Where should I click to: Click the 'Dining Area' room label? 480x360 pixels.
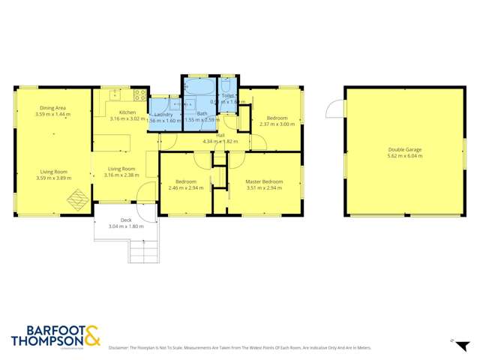tap(53, 108)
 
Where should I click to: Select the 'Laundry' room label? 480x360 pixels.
tap(163, 114)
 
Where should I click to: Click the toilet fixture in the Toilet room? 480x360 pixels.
tap(229, 84)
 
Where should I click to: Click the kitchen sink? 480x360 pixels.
tap(115, 94)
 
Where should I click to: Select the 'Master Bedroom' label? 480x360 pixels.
tap(265, 181)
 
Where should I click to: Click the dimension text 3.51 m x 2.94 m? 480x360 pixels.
tap(265, 188)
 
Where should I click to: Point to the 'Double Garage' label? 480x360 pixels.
tap(404, 149)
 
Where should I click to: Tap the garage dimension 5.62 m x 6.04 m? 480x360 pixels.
tap(404, 156)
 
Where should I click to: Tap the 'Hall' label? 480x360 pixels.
tap(220, 136)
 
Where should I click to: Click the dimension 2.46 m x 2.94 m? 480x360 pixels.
tap(187, 188)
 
